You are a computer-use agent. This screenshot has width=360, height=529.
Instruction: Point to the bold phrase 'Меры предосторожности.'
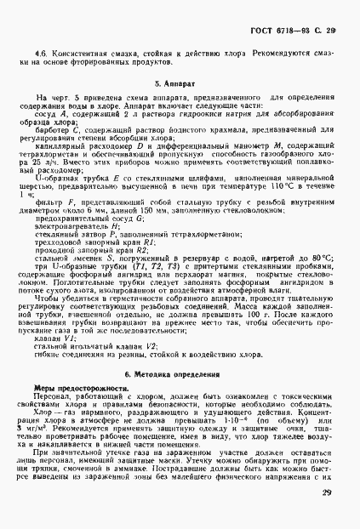pyautogui.click(x=75, y=364)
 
